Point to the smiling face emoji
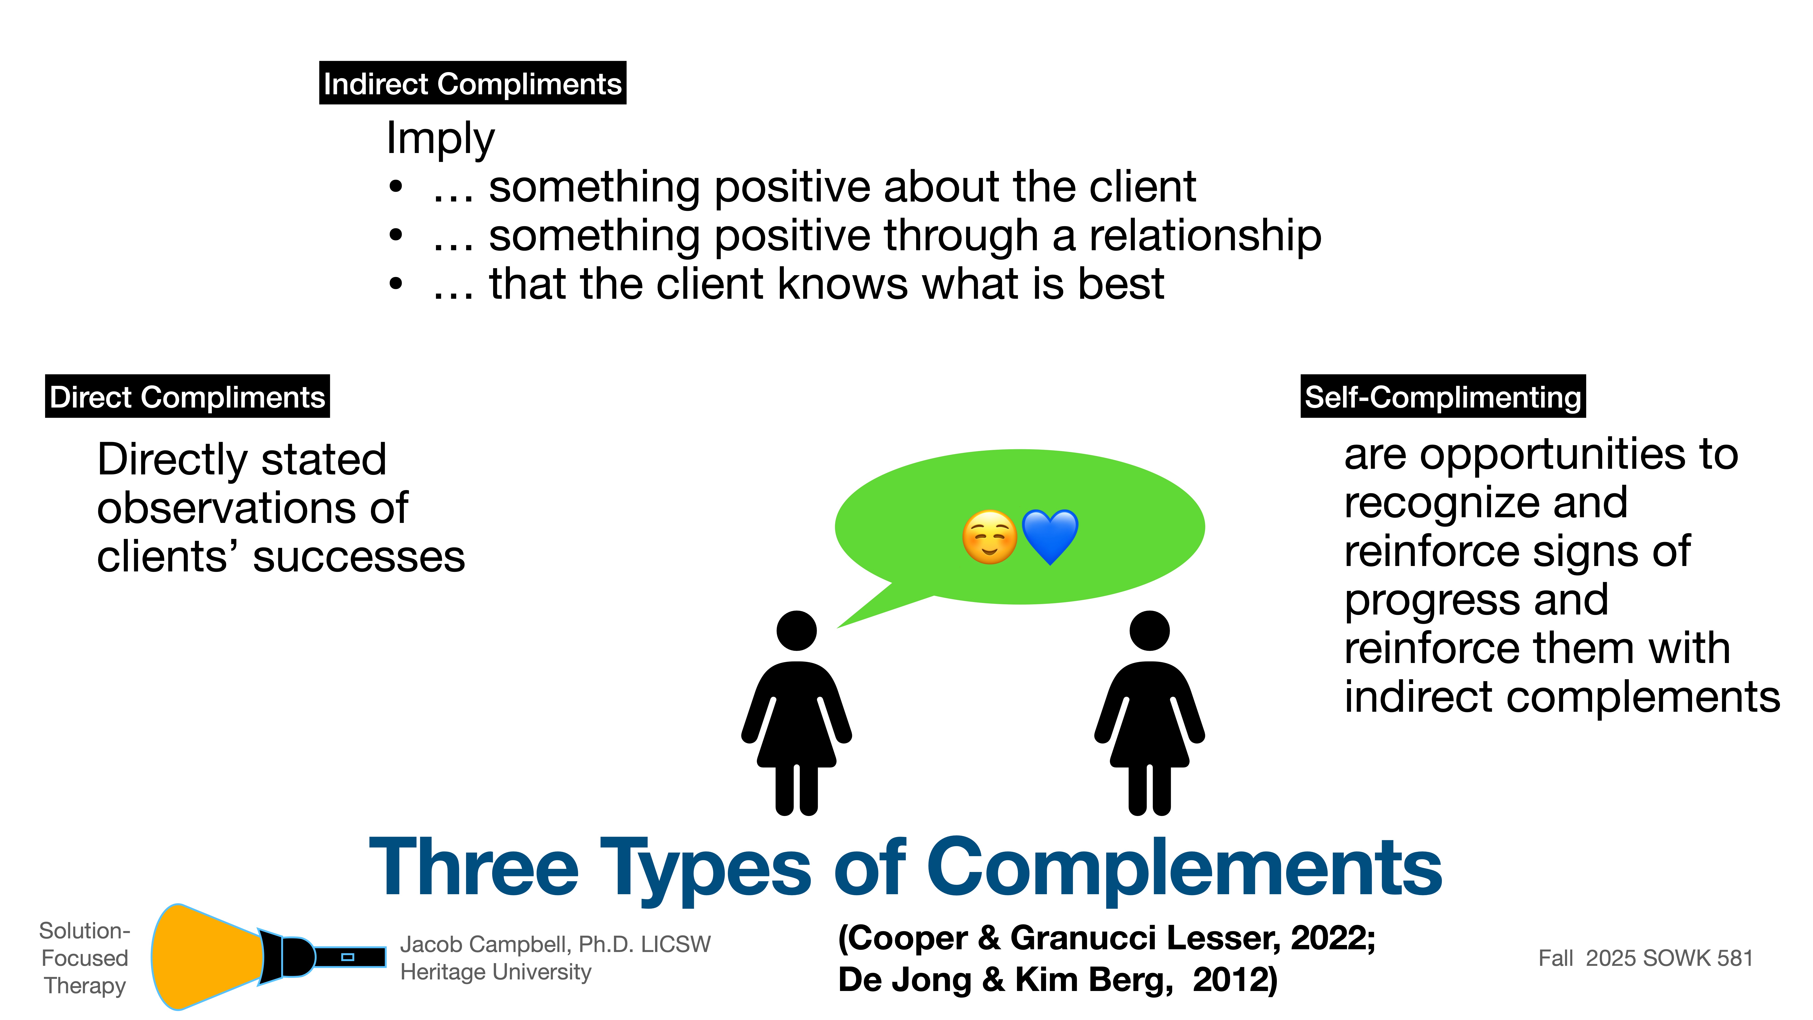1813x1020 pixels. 989,537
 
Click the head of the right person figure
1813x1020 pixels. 1149,631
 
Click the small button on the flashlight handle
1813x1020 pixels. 347,957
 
